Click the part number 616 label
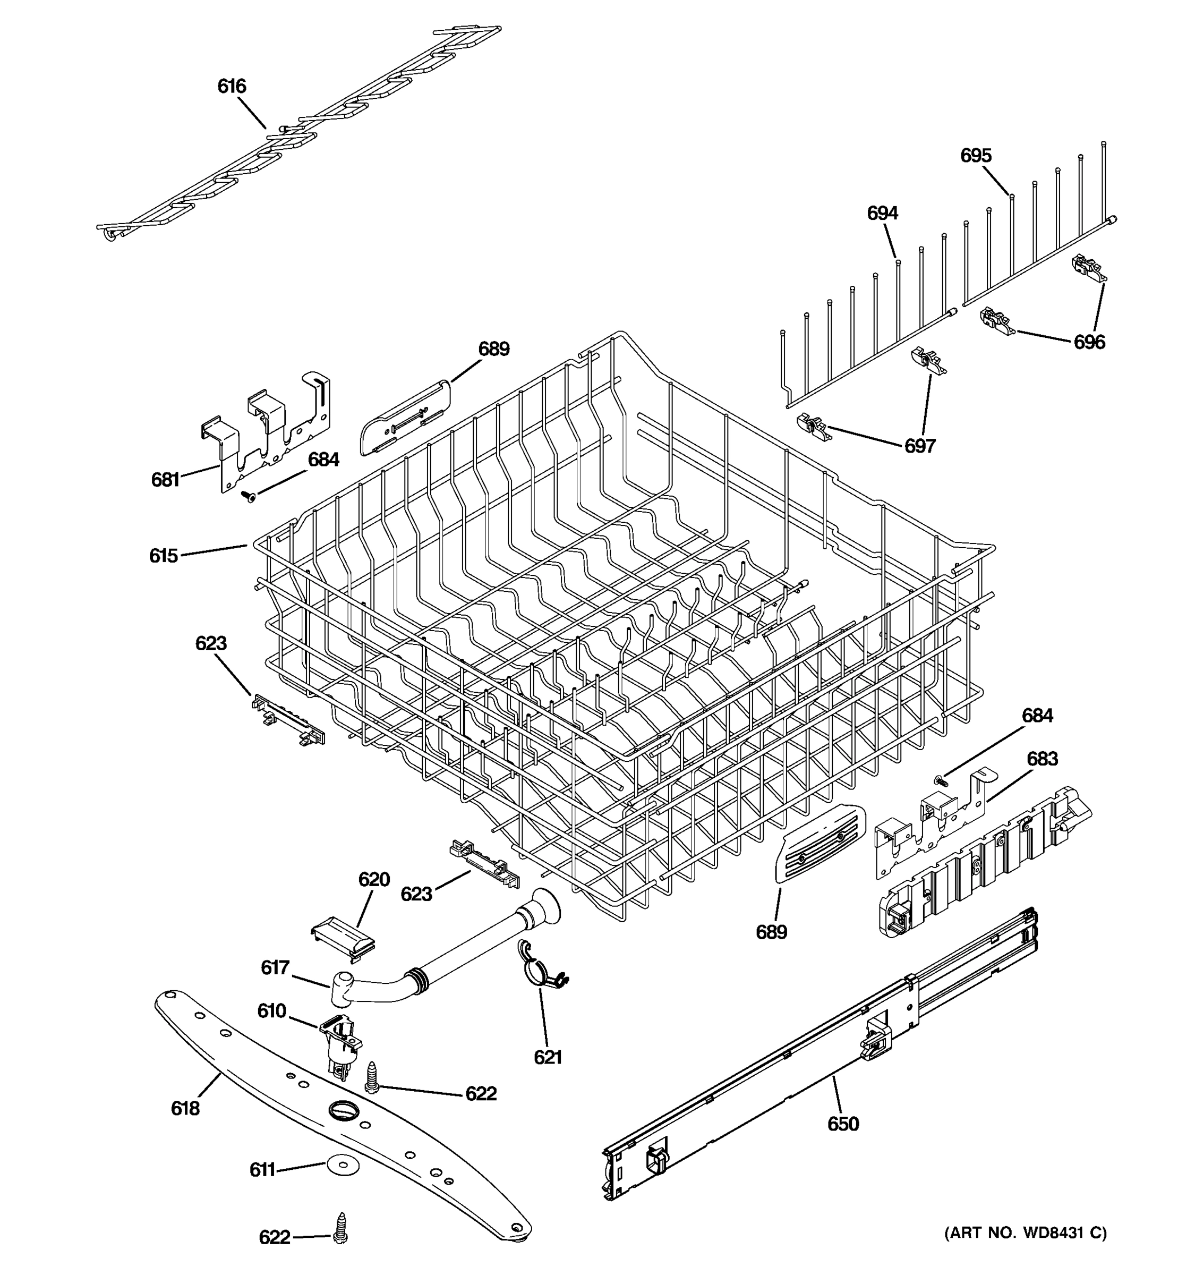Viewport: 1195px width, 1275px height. (232, 86)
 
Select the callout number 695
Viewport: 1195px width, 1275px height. (976, 155)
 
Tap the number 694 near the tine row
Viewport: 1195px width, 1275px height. (882, 213)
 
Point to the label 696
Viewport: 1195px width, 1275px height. (1089, 343)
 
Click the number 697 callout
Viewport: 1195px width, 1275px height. (920, 446)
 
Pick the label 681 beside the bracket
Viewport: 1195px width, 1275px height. (165, 480)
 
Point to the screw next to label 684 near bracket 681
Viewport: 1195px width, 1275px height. (248, 496)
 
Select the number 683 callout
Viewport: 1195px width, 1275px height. (1042, 759)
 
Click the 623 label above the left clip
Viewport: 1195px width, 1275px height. (211, 643)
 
